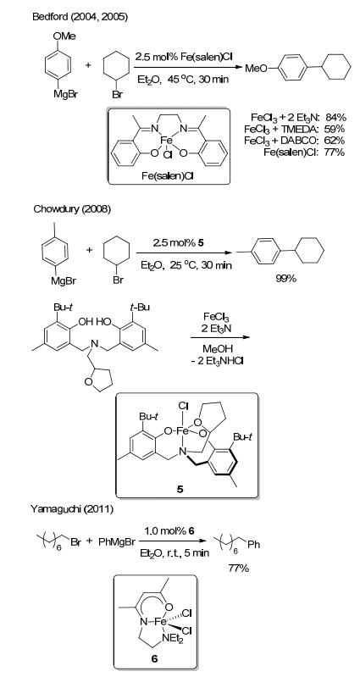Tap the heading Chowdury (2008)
click(x=72, y=209)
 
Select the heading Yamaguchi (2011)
click(x=72, y=509)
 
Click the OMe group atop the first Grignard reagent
click(x=64, y=36)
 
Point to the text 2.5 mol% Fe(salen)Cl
click(x=184, y=57)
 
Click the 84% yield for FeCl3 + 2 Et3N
click(x=335, y=117)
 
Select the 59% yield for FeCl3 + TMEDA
click(x=335, y=129)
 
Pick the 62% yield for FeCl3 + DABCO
click(x=335, y=141)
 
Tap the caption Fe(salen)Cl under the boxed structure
click(x=169, y=176)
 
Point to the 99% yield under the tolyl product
click(x=286, y=279)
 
